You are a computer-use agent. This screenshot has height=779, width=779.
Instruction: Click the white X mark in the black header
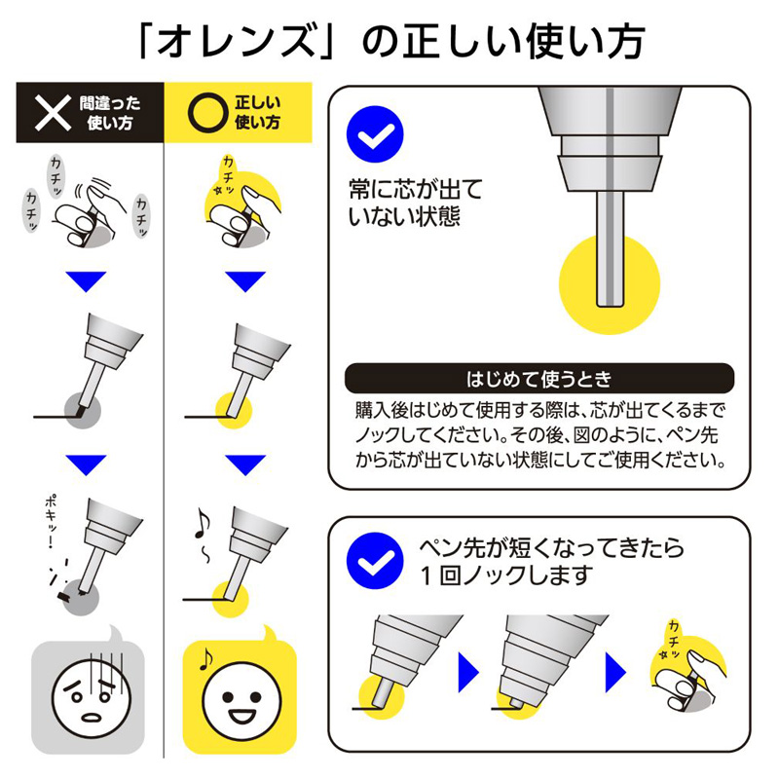point(53,113)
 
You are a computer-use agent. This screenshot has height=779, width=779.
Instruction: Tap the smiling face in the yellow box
point(241,700)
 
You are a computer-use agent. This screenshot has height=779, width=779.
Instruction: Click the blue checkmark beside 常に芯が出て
point(375,134)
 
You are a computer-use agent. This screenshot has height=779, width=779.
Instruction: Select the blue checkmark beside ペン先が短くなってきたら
point(375,561)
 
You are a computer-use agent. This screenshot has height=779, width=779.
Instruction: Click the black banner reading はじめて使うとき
point(539,379)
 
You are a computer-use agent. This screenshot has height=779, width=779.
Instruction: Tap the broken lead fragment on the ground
point(65,595)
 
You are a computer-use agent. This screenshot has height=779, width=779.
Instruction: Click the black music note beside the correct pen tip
point(202,523)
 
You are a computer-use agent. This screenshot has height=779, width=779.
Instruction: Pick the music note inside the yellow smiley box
point(205,659)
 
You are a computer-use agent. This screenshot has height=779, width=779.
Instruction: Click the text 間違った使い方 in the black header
point(110,113)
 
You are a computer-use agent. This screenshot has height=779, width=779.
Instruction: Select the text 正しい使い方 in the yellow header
point(257,113)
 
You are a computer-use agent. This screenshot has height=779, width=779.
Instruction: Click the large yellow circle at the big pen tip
point(610,284)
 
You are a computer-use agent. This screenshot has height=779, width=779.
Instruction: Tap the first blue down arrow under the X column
point(86,281)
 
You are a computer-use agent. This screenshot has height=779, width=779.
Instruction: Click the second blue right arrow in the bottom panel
point(615,672)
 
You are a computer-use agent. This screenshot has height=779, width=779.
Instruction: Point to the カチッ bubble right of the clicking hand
point(141,216)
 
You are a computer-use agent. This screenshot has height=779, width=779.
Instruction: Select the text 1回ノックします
point(506,575)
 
